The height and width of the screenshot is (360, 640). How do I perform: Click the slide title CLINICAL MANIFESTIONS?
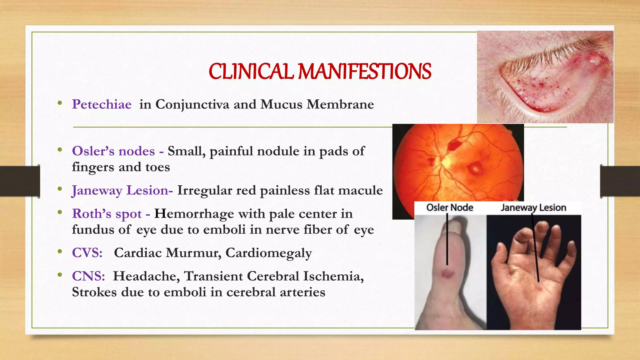(320, 71)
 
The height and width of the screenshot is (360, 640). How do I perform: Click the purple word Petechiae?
(102, 104)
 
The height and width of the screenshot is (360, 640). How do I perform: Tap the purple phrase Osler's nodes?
(113, 151)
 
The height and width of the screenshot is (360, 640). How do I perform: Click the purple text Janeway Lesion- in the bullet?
(122, 190)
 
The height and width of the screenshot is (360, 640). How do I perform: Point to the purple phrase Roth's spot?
(107, 214)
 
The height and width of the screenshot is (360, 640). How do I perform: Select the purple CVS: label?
(87, 253)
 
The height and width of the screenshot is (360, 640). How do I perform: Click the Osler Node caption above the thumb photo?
(450, 207)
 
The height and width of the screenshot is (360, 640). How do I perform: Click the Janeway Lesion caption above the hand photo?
(533, 207)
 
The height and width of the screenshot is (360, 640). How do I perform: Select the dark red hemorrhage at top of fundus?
(453, 145)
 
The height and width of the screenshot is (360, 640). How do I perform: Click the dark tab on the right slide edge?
(620, 181)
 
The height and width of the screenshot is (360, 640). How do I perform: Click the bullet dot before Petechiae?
(60, 103)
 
